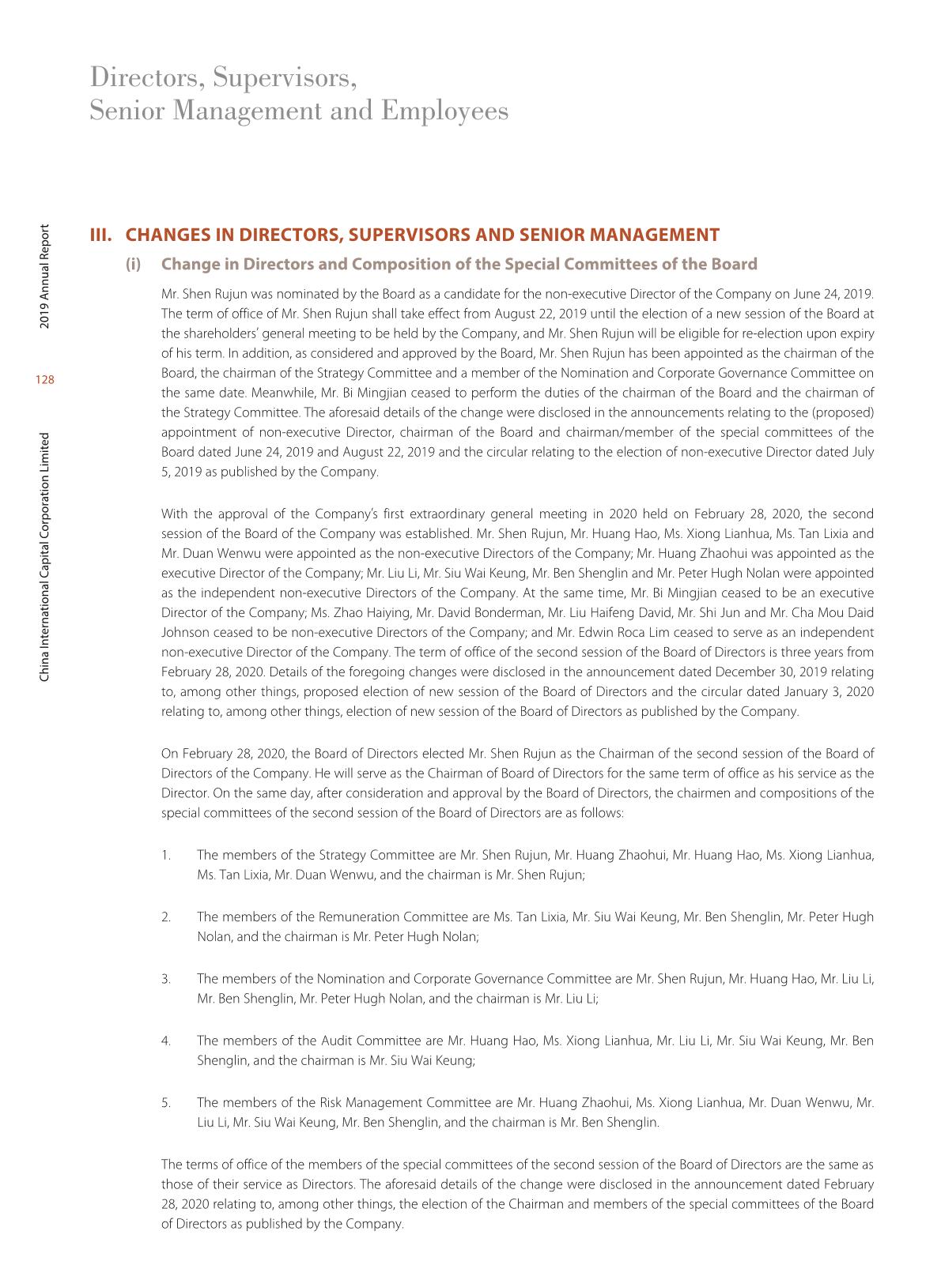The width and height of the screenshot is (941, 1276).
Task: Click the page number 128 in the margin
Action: (x=45, y=380)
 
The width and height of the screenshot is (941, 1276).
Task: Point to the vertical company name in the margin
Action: (x=45, y=556)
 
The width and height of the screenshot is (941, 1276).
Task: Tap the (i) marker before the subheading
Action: (x=133, y=264)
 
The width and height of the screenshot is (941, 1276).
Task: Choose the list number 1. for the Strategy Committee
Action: (x=166, y=855)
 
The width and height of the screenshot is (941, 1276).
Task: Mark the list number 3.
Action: (x=166, y=979)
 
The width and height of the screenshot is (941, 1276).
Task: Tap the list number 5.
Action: (x=166, y=1102)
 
